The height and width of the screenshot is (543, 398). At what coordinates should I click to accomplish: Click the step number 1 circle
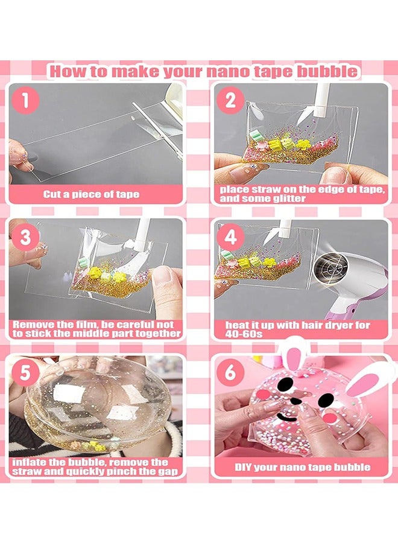click(x=25, y=100)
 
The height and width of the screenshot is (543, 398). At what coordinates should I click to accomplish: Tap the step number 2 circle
click(x=230, y=100)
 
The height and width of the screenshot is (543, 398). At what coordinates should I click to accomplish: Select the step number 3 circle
click(x=25, y=237)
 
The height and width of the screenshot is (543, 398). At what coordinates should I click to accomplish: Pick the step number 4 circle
click(x=230, y=237)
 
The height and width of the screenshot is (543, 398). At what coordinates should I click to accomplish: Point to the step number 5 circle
click(x=25, y=373)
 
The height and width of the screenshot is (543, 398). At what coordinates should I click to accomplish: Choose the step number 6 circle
click(x=230, y=373)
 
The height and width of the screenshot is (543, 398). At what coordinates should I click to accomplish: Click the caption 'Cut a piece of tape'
click(x=91, y=194)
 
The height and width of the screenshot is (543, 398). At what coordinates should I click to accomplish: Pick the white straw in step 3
click(x=143, y=232)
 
